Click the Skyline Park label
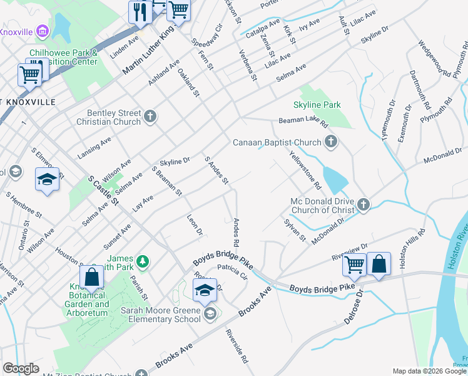pyautogui.click(x=317, y=104)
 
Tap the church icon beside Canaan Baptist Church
pyautogui.click(x=331, y=143)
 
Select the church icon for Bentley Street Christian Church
pyautogui.click(x=150, y=116)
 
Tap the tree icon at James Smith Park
pyautogui.click(x=143, y=260)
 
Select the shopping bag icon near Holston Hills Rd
pyautogui.click(x=379, y=264)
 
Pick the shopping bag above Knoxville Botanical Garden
pyautogui.click(x=91, y=276)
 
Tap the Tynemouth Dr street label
pyautogui.click(x=388, y=119)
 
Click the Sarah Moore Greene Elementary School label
pyautogui.click(x=161, y=314)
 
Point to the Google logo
pyautogui.click(x=21, y=368)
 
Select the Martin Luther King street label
pyautogui.click(x=148, y=53)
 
